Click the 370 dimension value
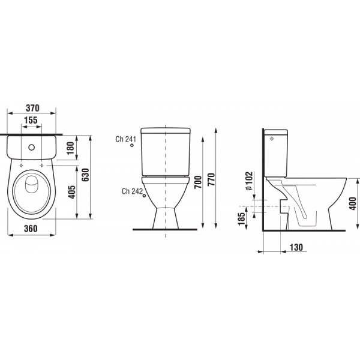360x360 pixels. tap(32, 108)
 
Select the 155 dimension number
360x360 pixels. tap(31, 120)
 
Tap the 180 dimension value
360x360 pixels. tap(71, 148)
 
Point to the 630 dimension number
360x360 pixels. tap(85, 175)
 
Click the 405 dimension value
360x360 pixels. tap(72, 192)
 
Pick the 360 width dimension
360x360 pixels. tap(31, 229)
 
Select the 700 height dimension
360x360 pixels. tap(198, 182)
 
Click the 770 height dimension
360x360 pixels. tap(211, 179)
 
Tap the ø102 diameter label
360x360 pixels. tap(249, 181)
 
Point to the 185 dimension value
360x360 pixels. tap(242, 219)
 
